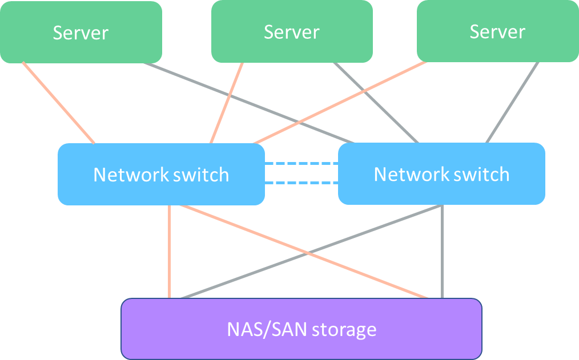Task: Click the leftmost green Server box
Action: point(81,32)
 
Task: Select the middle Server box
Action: point(292,31)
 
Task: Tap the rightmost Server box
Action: point(497,31)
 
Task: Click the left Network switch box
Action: point(161,174)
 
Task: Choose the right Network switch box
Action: point(441,174)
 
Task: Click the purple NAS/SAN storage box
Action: point(301,329)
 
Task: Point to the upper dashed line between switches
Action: point(301,164)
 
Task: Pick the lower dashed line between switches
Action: point(301,183)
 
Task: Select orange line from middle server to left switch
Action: point(227,103)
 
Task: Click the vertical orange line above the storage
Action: point(170,251)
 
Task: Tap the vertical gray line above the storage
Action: point(443,251)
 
